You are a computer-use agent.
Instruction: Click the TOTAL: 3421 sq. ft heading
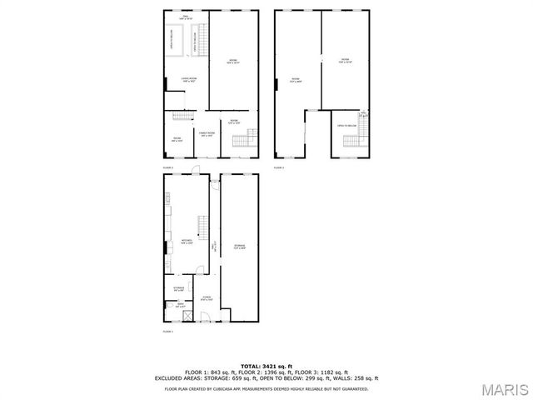[x=266, y=366]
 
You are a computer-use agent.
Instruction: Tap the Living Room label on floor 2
[x=189, y=80]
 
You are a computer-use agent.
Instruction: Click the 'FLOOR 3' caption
[x=278, y=167]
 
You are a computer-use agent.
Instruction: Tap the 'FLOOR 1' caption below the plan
[x=167, y=331]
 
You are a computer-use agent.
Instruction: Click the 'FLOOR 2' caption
[x=167, y=167]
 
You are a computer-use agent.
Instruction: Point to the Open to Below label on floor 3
[x=346, y=126]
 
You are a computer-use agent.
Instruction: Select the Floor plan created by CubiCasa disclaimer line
[x=266, y=388]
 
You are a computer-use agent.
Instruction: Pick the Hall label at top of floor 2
[x=187, y=17]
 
